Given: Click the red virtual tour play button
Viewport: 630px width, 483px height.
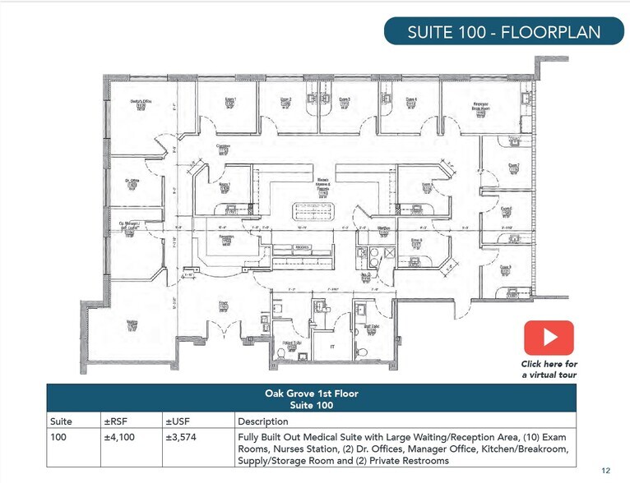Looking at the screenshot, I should pyautogui.click(x=549, y=338).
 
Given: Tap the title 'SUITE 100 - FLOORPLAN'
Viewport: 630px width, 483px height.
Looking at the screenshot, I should pyautogui.click(x=504, y=33).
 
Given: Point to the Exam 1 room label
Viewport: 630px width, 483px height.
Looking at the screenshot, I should pyautogui.click(x=231, y=101).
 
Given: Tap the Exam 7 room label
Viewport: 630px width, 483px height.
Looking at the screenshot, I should pyautogui.click(x=513, y=166).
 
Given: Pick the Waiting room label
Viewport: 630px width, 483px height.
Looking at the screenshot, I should pyautogui.click(x=132, y=324).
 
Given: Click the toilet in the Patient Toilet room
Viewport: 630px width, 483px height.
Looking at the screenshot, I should pyautogui.click(x=281, y=352).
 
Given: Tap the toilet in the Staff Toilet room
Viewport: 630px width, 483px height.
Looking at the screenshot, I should pyautogui.click(x=363, y=352).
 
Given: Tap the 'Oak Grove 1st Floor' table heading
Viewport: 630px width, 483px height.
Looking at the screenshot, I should pyautogui.click(x=311, y=393).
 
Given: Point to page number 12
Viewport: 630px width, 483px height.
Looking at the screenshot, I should pyautogui.click(x=605, y=470).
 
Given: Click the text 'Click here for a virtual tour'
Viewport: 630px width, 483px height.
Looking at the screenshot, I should pyautogui.click(x=549, y=369).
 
